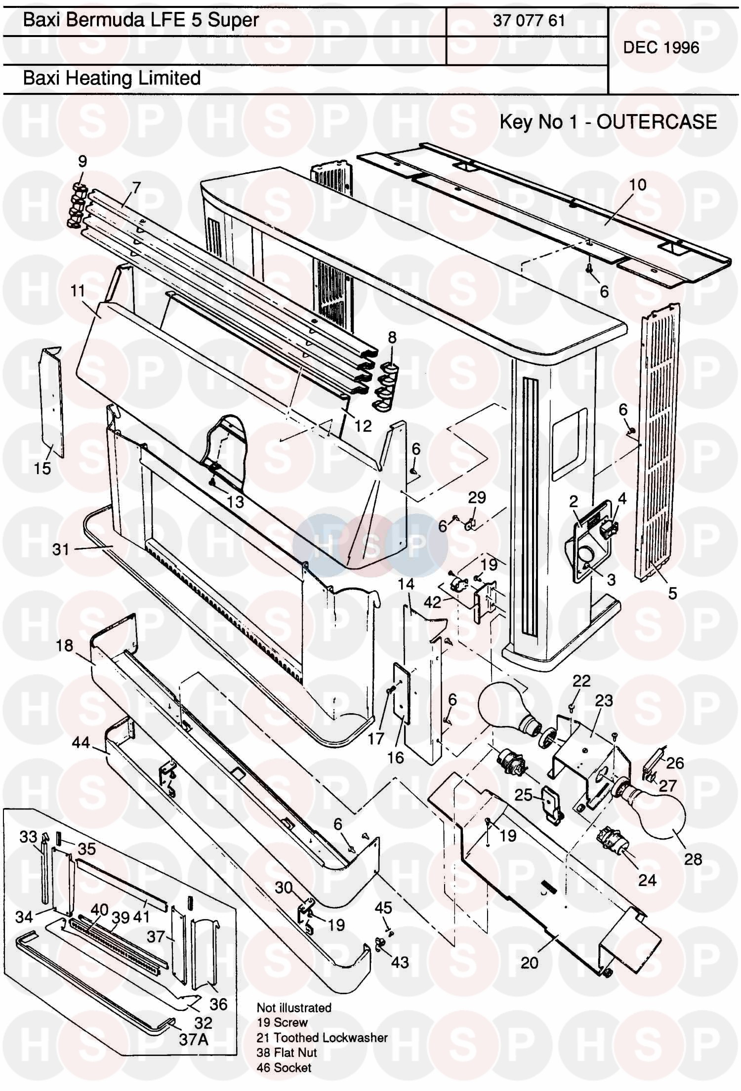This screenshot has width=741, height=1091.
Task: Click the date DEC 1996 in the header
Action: [x=661, y=47]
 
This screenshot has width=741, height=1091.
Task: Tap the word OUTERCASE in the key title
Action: [x=657, y=121]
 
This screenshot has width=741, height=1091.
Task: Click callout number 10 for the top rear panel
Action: [x=638, y=185]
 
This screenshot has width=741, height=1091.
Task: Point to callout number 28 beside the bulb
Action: [x=693, y=859]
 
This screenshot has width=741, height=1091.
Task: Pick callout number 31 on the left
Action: [x=61, y=549]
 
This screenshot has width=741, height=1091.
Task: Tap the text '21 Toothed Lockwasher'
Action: [x=322, y=1038]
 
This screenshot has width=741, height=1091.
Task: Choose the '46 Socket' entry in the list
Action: [x=284, y=1068]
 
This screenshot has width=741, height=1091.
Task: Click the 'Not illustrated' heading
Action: [x=294, y=1008]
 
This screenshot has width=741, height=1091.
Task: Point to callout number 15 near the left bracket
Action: [x=42, y=468]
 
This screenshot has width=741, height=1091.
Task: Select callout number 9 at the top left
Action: [x=82, y=161]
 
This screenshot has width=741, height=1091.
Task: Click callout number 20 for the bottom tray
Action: [x=529, y=962]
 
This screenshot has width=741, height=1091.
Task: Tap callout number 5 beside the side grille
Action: [x=672, y=593]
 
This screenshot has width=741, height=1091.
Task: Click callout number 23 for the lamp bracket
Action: [x=604, y=700]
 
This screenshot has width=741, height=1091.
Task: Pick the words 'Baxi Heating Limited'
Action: [x=112, y=78]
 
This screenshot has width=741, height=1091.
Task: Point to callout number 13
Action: [x=235, y=501]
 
